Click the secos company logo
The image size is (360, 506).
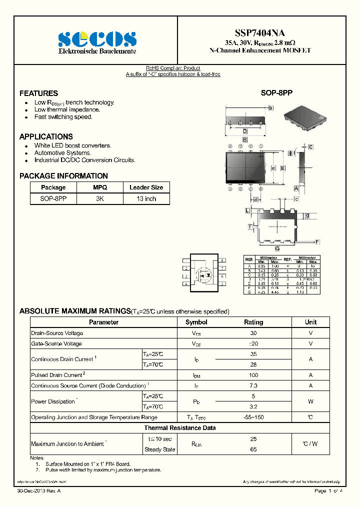97,39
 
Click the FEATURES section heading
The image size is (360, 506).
38,93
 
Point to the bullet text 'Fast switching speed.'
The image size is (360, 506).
63,117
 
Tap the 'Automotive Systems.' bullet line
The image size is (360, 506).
62,153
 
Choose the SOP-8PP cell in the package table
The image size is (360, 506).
53,198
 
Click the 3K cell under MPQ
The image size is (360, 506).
100,198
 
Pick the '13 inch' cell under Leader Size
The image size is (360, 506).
146,198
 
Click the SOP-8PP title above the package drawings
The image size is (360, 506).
276,93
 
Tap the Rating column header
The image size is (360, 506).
253,322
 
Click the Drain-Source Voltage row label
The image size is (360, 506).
57,333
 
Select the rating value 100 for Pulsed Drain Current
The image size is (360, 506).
253,375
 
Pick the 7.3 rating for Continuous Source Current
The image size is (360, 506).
253,385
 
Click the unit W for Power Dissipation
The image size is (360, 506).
310,401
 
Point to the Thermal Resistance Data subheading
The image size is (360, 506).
180,428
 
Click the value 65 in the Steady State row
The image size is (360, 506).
253,449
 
